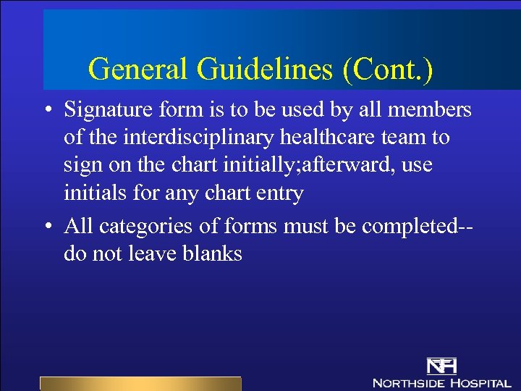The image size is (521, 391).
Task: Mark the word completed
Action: [410, 227]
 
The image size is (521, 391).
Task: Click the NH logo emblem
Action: [441, 366]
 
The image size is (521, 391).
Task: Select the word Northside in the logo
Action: [408, 382]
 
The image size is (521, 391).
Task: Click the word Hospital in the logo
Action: [480, 382]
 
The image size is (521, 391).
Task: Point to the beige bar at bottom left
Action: [140, 384]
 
